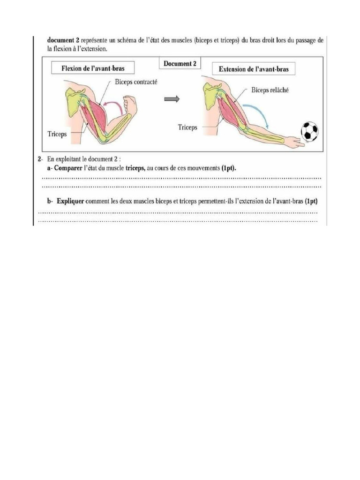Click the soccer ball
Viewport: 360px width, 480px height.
coord(309,131)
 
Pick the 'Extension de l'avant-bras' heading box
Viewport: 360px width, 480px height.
coord(254,69)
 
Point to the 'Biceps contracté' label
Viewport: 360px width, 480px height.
coord(136,82)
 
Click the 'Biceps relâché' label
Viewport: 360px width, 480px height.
coord(270,90)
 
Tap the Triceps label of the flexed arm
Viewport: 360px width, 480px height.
coord(57,134)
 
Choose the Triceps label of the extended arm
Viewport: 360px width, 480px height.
coord(187,127)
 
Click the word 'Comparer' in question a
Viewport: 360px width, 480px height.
coord(69,168)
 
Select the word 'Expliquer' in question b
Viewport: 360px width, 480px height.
coord(70,202)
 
